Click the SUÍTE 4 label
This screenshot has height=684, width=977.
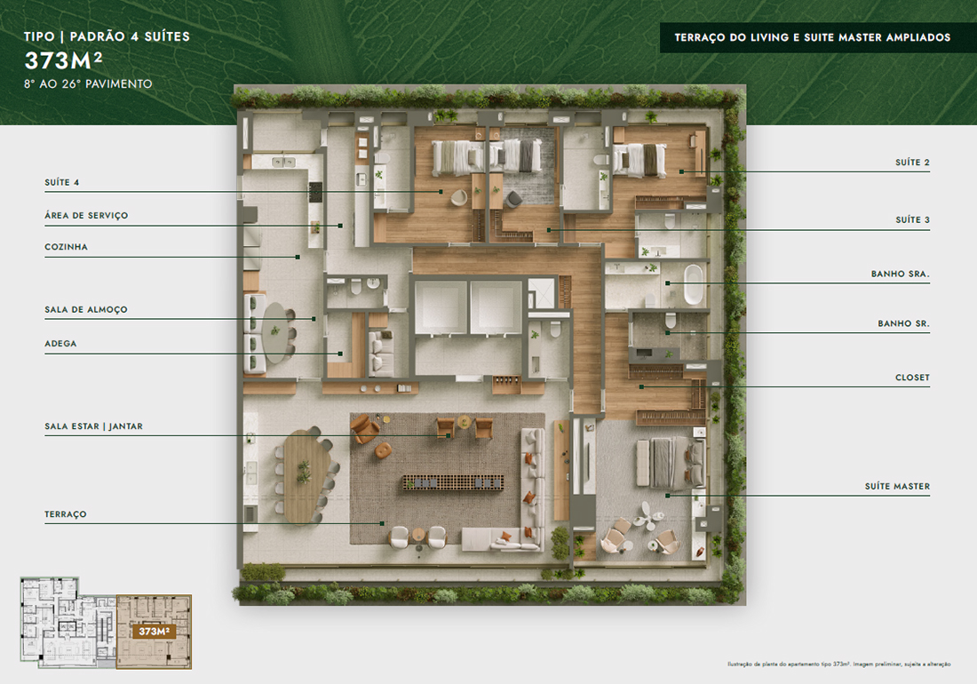coord(61,182)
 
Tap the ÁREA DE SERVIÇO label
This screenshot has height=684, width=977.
coord(86,216)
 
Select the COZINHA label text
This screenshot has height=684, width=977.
coord(66,247)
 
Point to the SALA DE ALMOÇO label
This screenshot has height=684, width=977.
coord(86,310)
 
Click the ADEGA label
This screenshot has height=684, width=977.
coord(60,344)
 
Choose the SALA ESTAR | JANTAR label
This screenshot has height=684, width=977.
coord(93,426)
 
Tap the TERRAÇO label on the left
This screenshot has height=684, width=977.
coord(66,514)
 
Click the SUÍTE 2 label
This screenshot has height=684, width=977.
coord(912,163)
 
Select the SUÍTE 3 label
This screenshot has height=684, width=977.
coord(912,220)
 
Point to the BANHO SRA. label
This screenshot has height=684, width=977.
coord(901,274)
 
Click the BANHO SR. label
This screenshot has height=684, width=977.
coord(903,324)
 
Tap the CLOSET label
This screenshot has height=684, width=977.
coord(912,378)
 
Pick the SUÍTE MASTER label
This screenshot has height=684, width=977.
coord(897,487)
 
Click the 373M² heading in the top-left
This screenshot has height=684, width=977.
coord(63,61)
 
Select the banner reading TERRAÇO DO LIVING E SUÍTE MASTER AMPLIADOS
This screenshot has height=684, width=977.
coord(813,37)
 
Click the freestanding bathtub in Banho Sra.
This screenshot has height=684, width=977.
coord(693,284)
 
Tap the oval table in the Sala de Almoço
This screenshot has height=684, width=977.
coord(275,332)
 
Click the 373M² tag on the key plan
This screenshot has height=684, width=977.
coord(154,632)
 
